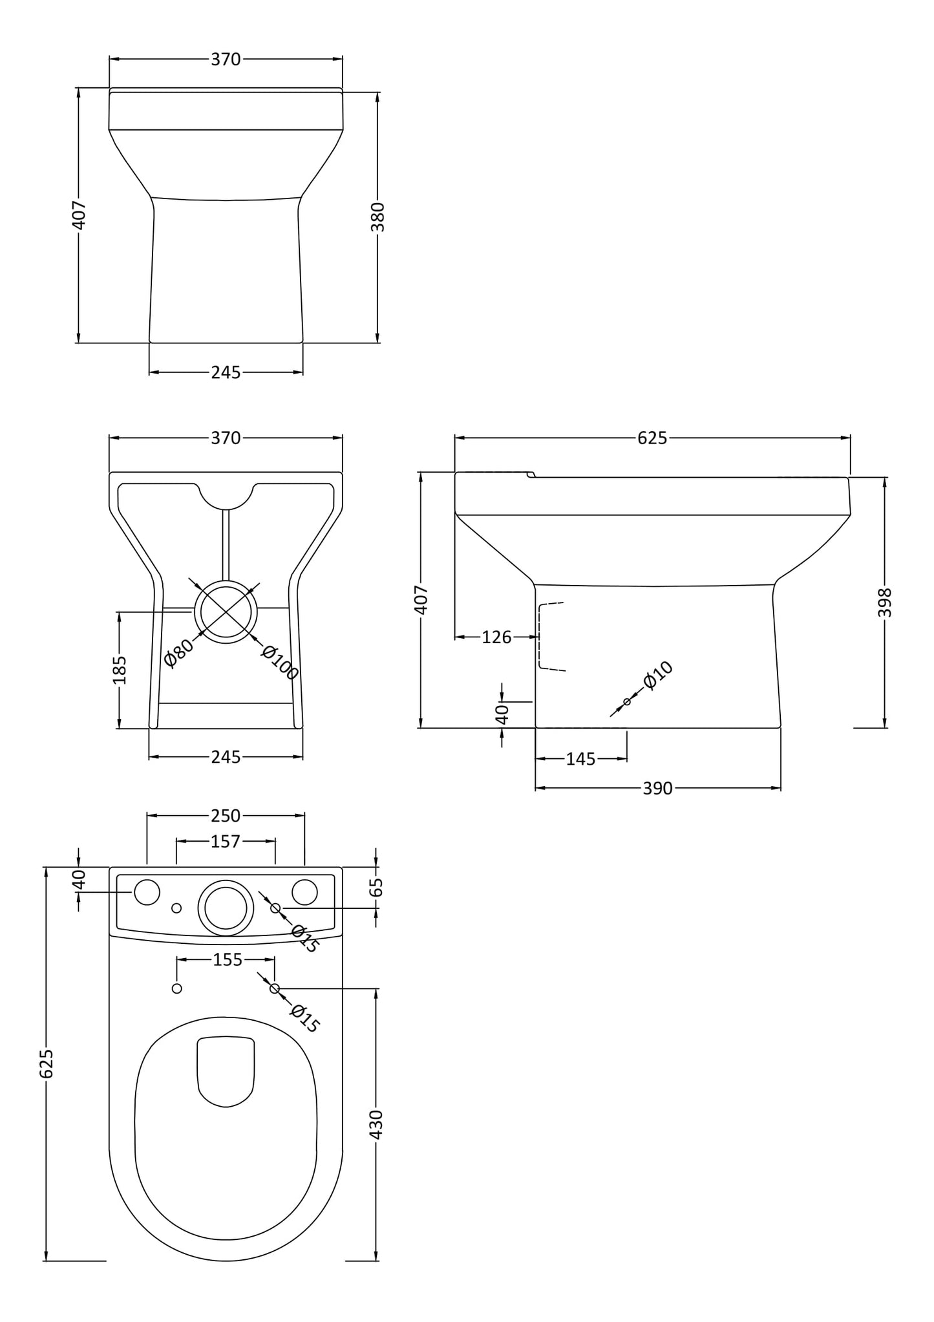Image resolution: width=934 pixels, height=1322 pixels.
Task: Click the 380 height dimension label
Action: pyautogui.click(x=378, y=217)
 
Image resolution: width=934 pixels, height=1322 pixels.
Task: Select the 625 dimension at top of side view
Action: pyautogui.click(x=652, y=438)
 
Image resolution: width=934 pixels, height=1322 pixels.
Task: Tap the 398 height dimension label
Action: pyautogui.click(x=884, y=602)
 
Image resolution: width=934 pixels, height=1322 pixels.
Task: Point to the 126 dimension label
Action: pyautogui.click(x=496, y=637)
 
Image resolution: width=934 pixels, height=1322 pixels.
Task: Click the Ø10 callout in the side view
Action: pyautogui.click(x=658, y=676)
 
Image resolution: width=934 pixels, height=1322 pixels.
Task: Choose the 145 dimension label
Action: pyautogui.click(x=580, y=759)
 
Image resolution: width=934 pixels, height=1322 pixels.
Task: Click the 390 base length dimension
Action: pyautogui.click(x=657, y=789)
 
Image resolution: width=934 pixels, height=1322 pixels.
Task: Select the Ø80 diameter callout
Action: pyautogui.click(x=178, y=653)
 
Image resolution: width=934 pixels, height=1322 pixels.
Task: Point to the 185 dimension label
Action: pyautogui.click(x=120, y=670)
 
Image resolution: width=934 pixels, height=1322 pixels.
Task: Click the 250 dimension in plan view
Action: pyautogui.click(x=226, y=816)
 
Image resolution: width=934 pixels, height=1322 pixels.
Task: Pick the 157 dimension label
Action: pyautogui.click(x=226, y=842)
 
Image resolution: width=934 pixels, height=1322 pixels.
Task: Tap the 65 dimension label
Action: pyautogui.click(x=377, y=887)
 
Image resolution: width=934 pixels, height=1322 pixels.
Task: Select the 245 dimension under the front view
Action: pyautogui.click(x=226, y=372)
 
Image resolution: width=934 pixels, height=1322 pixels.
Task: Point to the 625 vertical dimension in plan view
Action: pyautogui.click(x=47, y=1063)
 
